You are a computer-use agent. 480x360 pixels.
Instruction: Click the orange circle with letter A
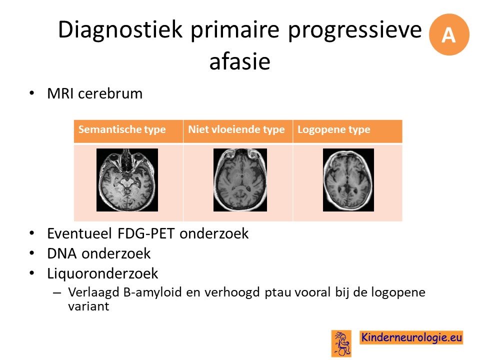tap(449, 34)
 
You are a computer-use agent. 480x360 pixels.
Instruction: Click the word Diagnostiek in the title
tap(120, 29)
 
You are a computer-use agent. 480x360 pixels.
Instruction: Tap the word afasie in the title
tap(239, 61)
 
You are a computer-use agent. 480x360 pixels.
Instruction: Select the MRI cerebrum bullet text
tap(95, 93)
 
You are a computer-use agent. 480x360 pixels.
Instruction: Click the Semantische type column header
tap(122, 129)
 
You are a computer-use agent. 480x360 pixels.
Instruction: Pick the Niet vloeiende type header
tap(236, 129)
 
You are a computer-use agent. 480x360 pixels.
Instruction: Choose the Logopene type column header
tap(334, 129)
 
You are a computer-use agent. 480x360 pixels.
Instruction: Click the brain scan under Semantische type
tap(127, 180)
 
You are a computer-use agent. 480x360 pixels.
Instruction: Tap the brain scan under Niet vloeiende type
tap(240, 180)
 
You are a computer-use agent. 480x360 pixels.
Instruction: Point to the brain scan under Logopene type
tap(348, 180)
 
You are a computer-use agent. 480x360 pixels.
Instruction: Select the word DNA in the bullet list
tap(62, 253)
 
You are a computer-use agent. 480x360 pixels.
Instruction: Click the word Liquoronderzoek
tap(102, 273)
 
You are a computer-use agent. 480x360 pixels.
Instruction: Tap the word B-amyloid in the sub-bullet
tap(152, 292)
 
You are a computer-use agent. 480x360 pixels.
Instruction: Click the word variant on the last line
tap(88, 306)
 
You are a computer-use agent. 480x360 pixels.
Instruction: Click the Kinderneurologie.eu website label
tap(411, 337)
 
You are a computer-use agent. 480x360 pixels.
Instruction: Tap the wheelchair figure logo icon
tap(341, 343)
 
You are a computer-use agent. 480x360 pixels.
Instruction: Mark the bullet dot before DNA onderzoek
tap(32, 253)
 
